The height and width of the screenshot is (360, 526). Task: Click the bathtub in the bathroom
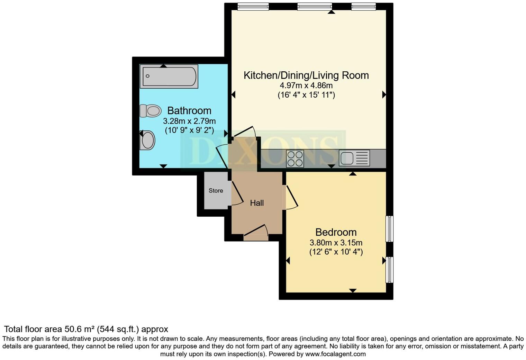pos(169,76)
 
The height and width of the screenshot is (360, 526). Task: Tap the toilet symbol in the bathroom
pos(151,111)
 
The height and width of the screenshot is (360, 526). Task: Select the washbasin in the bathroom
pos(148,141)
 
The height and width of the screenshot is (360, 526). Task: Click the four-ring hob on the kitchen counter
pos(295,159)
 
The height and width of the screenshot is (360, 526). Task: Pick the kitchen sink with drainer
pos(354,158)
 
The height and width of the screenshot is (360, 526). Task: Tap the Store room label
pos(216,191)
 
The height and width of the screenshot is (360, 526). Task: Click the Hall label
pos(257,203)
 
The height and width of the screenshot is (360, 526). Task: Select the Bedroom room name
pos(336,232)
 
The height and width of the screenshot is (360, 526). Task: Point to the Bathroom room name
pos(189,111)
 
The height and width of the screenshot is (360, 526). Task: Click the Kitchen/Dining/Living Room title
pos(306,75)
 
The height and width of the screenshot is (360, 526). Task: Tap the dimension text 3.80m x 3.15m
pos(336,243)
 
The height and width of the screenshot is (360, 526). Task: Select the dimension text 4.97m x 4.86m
pos(306,85)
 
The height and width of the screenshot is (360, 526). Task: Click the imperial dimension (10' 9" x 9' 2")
pos(189,130)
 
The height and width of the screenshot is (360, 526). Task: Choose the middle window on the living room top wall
pos(314,7)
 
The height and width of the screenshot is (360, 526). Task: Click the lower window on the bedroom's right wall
pos(390,270)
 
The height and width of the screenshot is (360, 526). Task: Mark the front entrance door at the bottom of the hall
pos(256,233)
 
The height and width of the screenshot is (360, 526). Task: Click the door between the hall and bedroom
pos(291,197)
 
